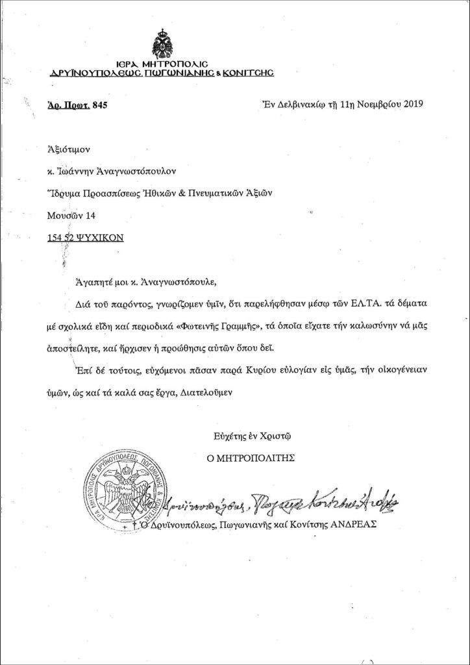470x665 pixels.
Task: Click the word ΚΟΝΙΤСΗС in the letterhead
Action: coord(249,75)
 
